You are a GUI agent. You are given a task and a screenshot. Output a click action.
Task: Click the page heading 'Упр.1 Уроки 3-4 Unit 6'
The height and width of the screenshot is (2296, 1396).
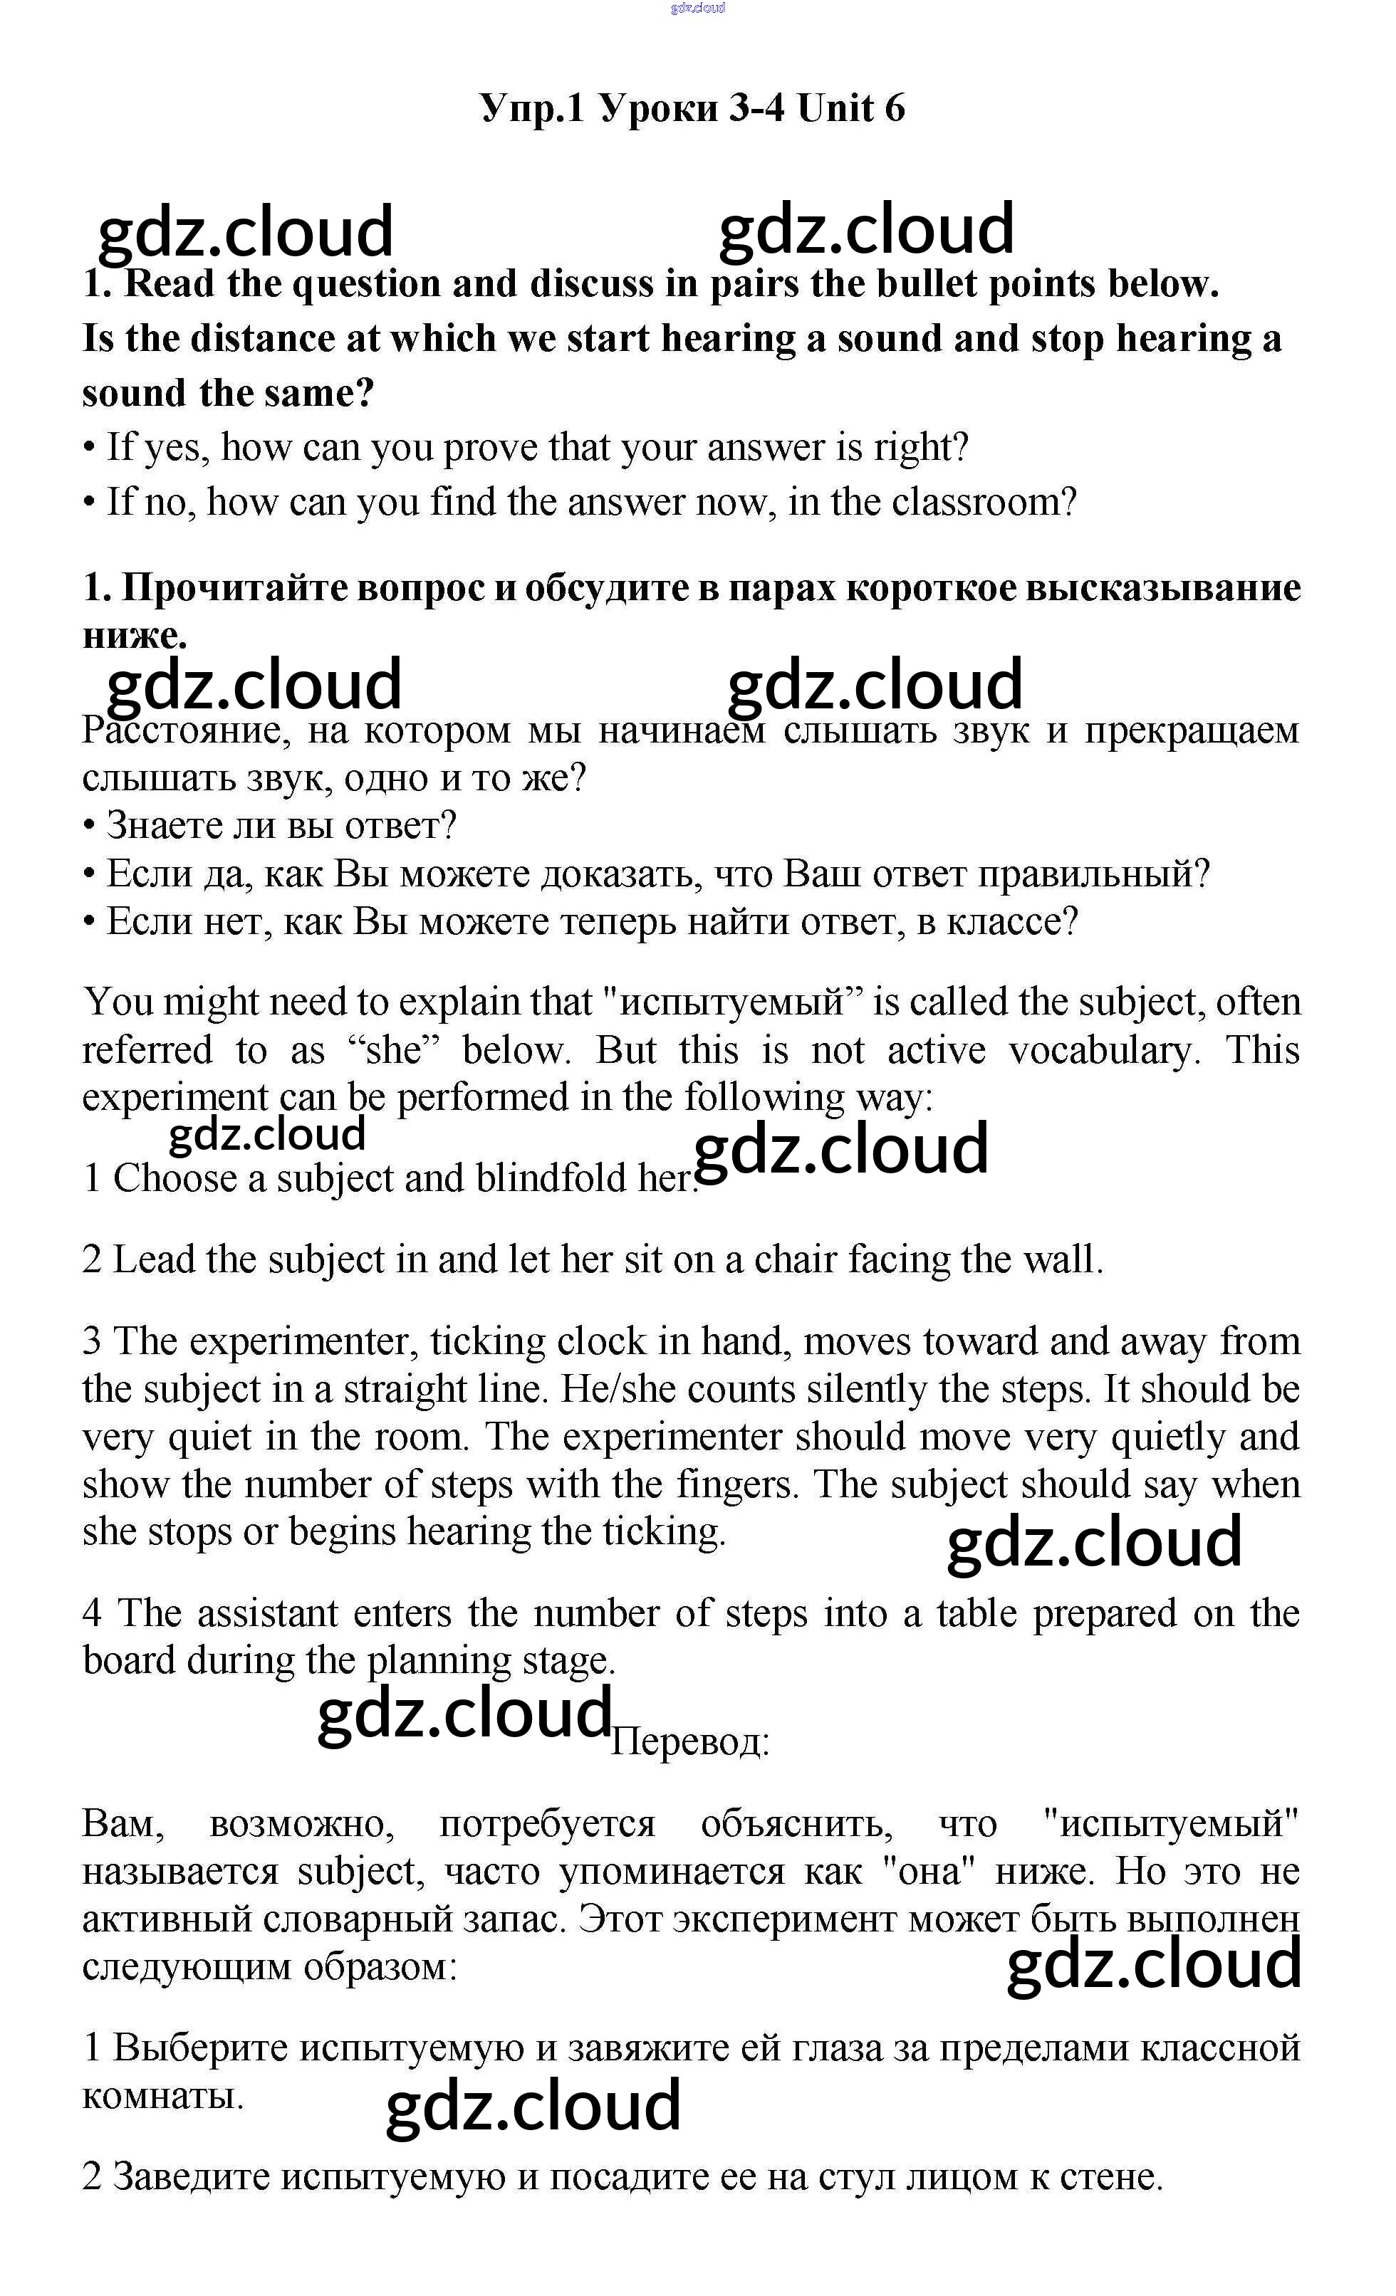coord(692,108)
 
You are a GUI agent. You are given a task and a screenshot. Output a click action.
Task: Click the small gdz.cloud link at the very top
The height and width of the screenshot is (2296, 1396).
coord(697,9)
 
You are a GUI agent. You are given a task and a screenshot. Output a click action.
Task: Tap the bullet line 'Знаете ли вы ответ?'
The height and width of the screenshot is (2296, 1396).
coord(281,826)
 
